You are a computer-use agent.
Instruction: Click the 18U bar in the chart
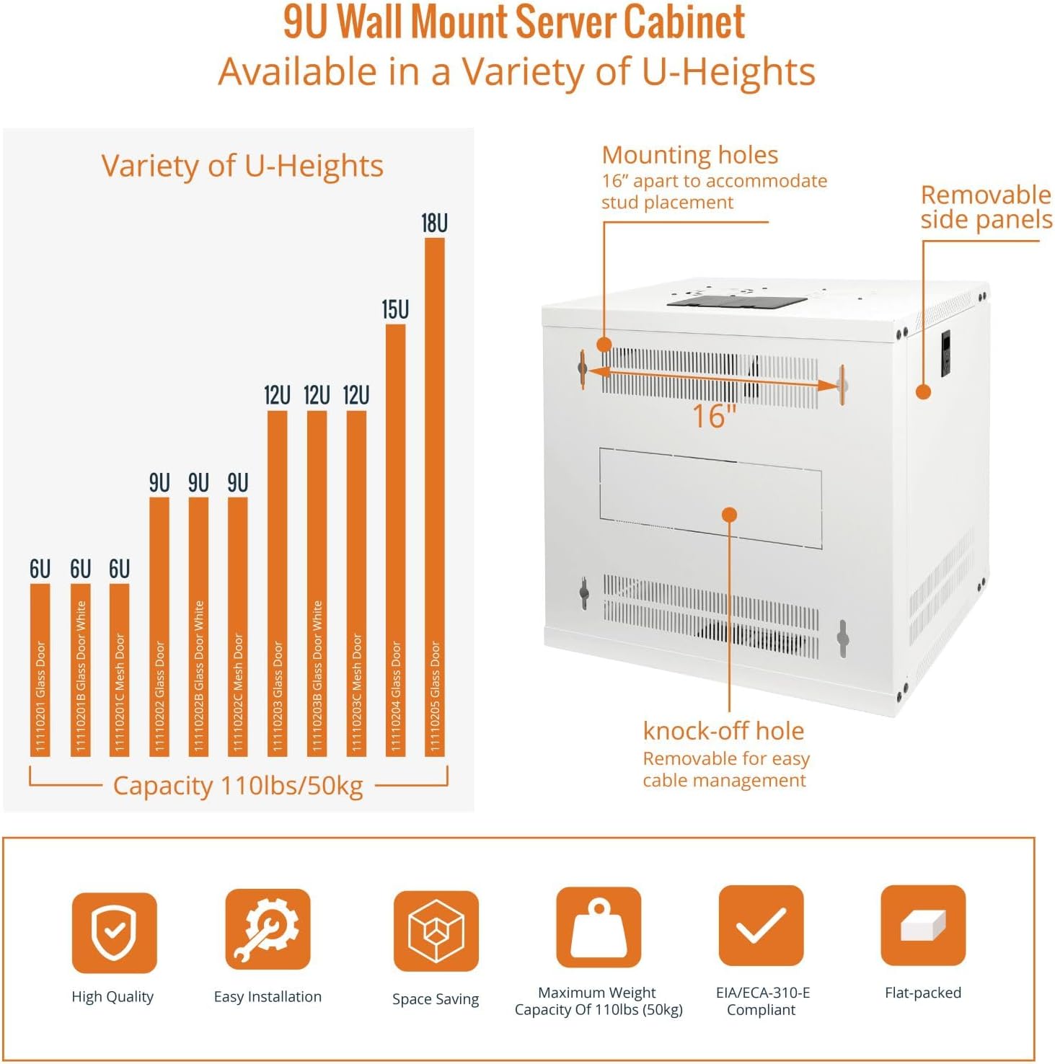point(434,497)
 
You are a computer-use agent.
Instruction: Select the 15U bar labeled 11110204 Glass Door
point(395,541)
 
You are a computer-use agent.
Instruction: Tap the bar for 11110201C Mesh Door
point(120,670)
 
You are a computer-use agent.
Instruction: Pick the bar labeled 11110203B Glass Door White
point(317,584)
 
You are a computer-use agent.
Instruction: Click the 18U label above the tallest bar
point(434,223)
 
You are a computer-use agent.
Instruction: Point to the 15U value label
point(395,310)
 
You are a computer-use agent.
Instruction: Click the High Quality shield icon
point(114,932)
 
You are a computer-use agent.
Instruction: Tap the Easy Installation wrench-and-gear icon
point(268,928)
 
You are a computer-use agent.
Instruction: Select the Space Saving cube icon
point(436,931)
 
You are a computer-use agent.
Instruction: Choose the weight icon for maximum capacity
point(598,927)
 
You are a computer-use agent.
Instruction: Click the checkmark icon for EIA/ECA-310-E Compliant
point(761,926)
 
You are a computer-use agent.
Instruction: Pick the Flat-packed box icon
point(923,926)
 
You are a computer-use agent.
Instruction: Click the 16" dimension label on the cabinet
point(714,417)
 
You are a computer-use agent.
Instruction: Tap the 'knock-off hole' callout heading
point(723,731)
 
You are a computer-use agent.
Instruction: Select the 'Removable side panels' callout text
point(986,207)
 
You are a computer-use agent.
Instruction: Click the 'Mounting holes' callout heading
point(690,155)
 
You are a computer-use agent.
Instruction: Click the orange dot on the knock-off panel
point(729,515)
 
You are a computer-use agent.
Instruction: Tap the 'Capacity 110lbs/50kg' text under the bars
point(238,786)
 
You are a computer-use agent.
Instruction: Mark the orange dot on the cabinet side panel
point(923,392)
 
